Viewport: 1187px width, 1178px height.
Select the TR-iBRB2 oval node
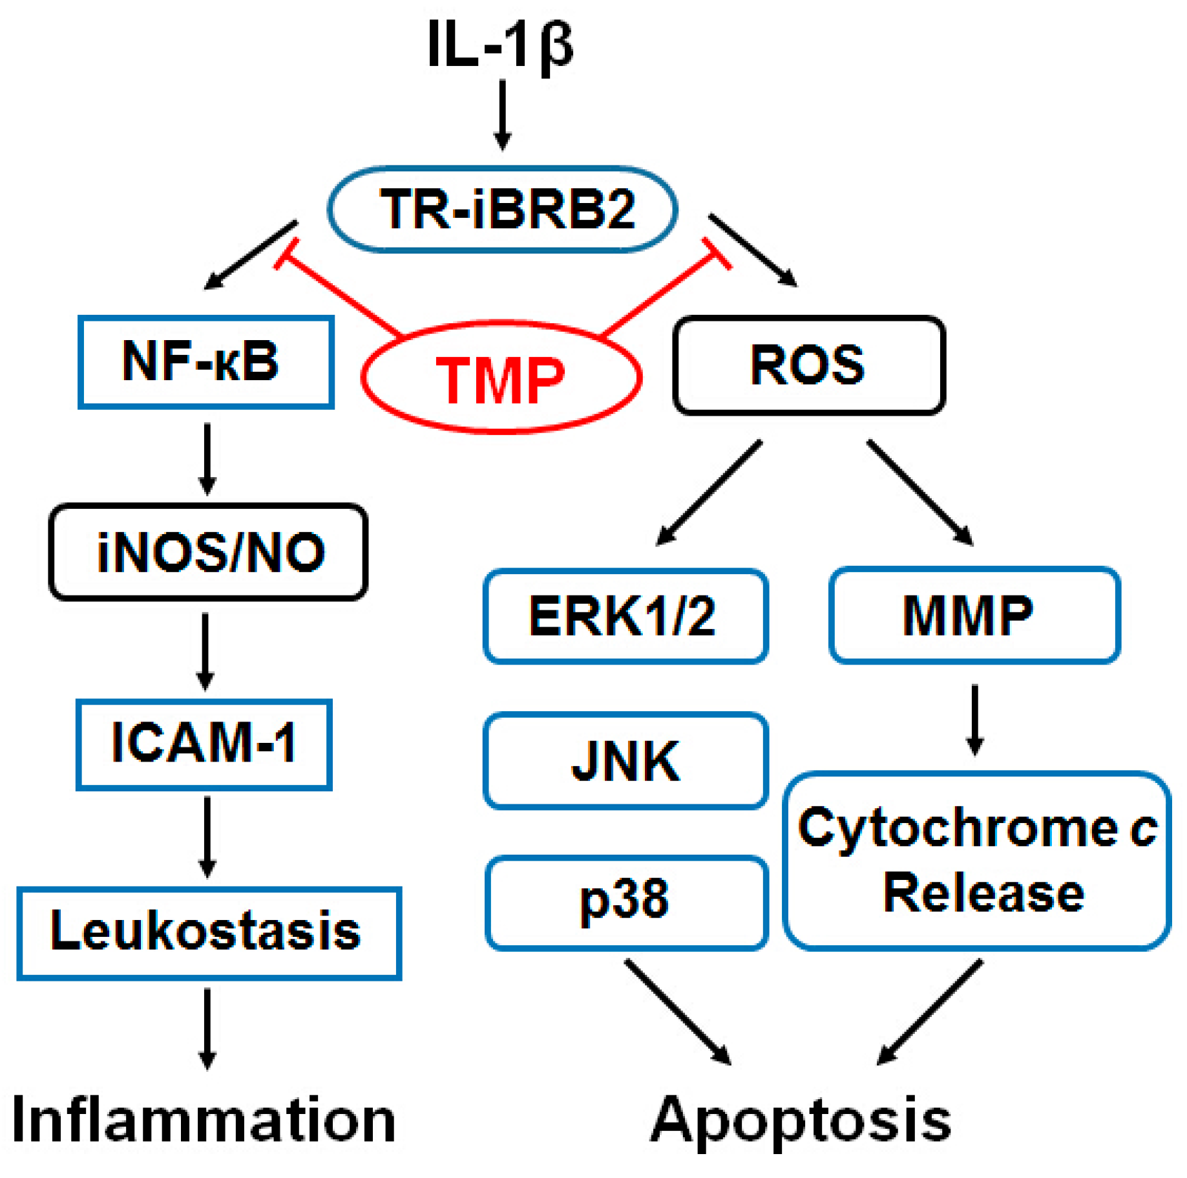(502, 209)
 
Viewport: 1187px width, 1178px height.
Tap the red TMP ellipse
(501, 378)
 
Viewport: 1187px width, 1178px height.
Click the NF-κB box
(205, 361)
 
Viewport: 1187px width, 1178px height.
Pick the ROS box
(808, 365)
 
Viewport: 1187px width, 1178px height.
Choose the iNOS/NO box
(208, 552)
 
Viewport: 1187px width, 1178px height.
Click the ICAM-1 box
(204, 744)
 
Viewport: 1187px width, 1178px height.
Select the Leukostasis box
(209, 932)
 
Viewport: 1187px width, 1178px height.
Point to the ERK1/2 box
(625, 616)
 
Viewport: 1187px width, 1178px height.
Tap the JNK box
(625, 760)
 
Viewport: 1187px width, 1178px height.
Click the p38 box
(626, 901)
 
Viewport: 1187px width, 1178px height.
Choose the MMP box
(974, 615)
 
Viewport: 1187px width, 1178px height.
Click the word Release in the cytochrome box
(983, 893)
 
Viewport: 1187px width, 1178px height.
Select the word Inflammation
(204, 1120)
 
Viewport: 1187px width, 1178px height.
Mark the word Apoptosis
(801, 1120)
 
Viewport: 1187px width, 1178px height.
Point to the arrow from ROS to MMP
(919, 492)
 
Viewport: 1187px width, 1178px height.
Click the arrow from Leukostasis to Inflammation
(207, 1027)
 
